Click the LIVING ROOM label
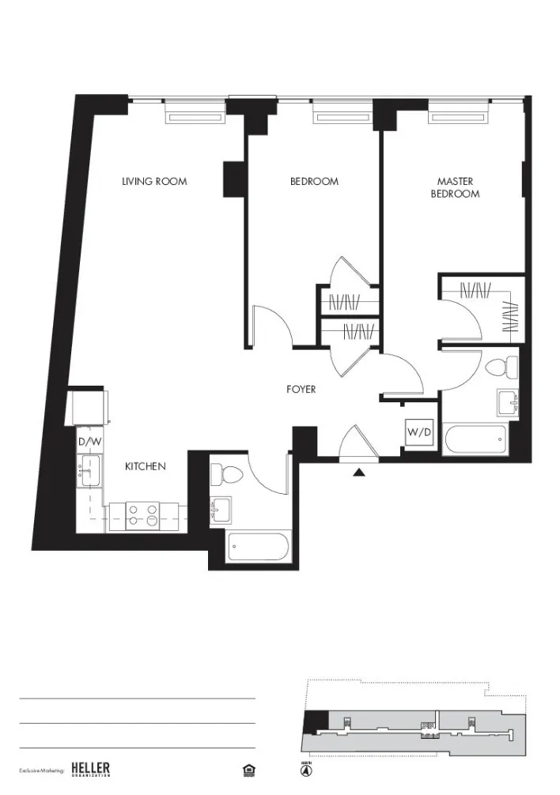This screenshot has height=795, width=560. (x=154, y=182)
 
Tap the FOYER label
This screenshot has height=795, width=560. (x=301, y=390)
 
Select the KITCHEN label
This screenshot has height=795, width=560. (x=146, y=467)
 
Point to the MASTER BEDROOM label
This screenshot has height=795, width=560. (x=455, y=187)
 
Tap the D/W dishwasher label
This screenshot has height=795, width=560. (x=89, y=442)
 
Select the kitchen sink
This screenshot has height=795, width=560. (x=88, y=474)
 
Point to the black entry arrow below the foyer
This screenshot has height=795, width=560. (x=359, y=473)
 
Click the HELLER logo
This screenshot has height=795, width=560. (x=90, y=769)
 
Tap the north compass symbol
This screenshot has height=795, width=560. (x=305, y=769)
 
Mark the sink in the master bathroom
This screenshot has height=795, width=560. (x=507, y=403)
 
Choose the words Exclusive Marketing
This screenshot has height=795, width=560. (x=41, y=770)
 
